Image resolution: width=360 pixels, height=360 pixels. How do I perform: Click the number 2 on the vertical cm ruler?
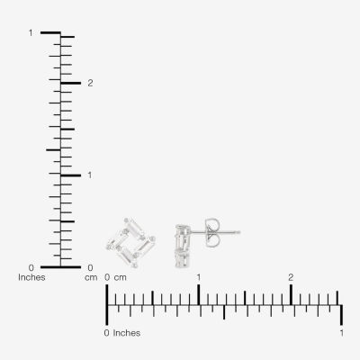click(90, 83)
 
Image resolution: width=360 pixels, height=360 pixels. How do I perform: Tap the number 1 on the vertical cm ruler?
click(90, 175)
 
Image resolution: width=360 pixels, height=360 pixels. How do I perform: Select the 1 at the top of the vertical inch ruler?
click(31, 32)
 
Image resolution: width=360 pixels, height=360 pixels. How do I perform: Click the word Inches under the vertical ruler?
click(31, 277)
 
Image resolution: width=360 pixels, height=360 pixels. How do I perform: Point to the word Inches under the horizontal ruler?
click(127, 333)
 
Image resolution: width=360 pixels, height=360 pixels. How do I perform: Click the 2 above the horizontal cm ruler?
click(291, 277)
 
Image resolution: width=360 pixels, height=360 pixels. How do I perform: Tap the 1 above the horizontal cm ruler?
click(199, 277)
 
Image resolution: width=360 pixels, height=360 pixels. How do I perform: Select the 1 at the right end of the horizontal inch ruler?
click(342, 333)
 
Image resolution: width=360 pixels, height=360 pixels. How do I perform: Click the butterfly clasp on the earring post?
click(212, 232)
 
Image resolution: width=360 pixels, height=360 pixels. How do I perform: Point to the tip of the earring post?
click(240, 232)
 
